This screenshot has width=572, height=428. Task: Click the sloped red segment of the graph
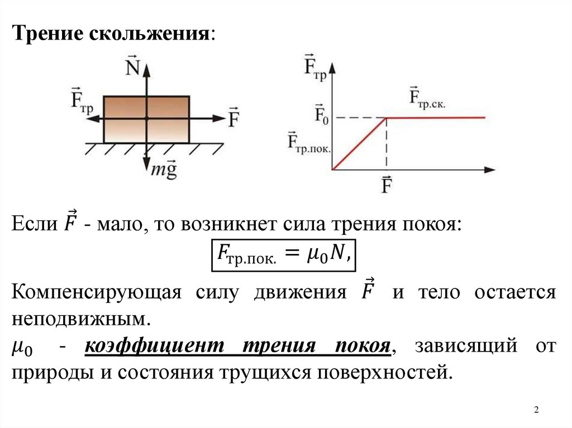tap(360, 143)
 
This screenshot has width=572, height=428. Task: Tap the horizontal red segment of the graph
tap(436, 118)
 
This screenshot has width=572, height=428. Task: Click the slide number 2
tap(536, 411)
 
